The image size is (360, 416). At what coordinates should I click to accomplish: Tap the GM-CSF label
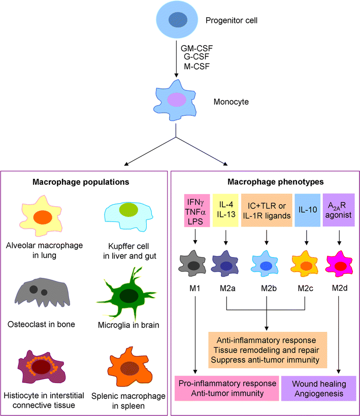coord(197,48)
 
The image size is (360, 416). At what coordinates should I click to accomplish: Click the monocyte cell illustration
coord(176,100)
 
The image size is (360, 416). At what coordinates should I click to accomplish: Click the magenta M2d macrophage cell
coord(339,266)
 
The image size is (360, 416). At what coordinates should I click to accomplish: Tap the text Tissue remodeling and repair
coord(267,350)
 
